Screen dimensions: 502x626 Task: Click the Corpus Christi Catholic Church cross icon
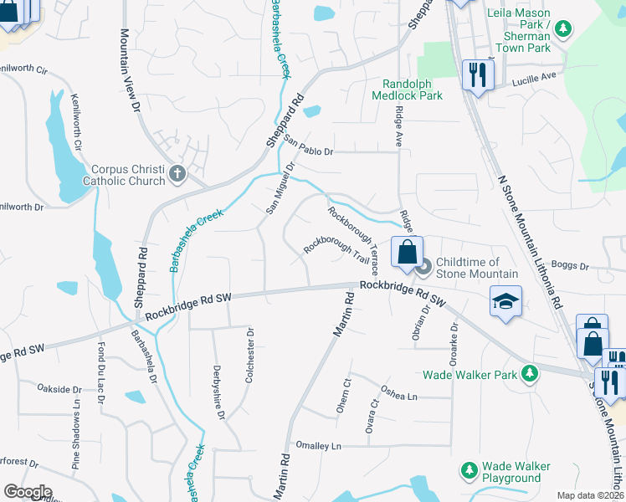tap(176, 174)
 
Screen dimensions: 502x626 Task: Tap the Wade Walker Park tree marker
tap(529, 374)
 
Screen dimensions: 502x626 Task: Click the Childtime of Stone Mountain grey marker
tap(423, 268)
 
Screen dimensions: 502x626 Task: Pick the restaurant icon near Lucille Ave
tap(476, 75)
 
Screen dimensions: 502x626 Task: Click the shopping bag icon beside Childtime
tap(407, 252)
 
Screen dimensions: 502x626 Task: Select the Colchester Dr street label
tap(249, 355)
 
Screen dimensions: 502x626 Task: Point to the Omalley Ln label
tap(314, 446)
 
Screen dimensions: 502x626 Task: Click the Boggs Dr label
tap(572, 268)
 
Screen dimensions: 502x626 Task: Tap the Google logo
tap(28, 492)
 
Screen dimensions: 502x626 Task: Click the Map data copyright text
tap(590, 495)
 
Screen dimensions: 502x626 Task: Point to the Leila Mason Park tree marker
tap(563, 29)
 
